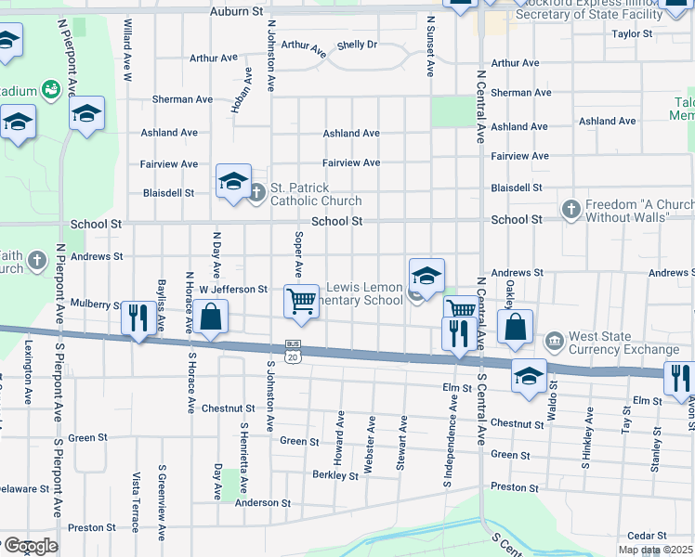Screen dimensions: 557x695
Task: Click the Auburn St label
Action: coord(237,11)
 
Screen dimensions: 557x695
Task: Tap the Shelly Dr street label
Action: coord(358,45)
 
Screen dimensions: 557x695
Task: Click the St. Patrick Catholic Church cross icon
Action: coord(257,194)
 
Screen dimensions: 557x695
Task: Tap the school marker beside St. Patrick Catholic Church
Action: coord(233,180)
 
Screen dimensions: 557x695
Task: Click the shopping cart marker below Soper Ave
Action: coord(301,302)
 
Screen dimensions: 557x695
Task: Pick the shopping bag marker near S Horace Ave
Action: coord(212,317)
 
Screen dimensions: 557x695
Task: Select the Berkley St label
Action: coord(335,475)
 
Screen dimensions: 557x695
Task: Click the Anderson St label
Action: coord(263,503)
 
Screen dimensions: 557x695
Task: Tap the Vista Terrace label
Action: coord(136,512)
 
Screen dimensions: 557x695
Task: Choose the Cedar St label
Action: coord(647,536)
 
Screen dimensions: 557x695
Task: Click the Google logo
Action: coord(30,546)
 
